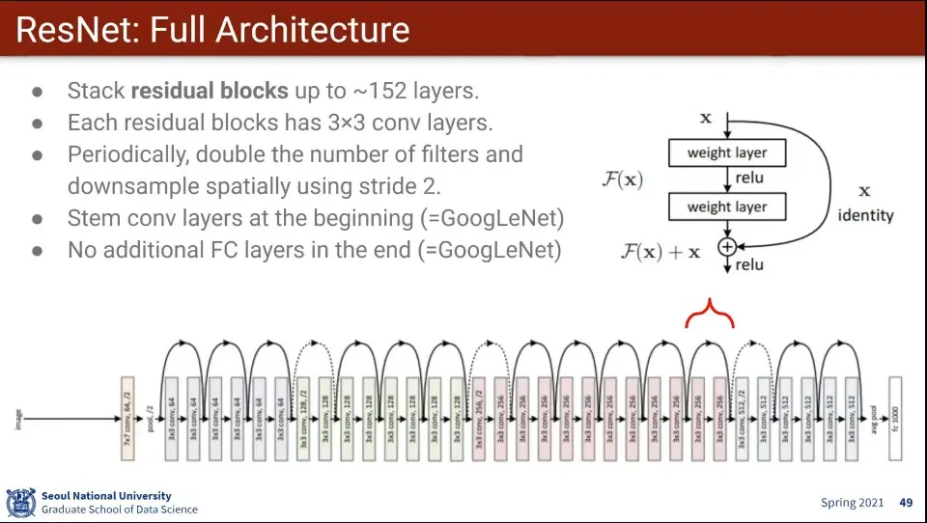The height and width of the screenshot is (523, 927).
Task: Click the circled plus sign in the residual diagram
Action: [726, 247]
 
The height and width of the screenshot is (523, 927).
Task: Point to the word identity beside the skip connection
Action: [865, 215]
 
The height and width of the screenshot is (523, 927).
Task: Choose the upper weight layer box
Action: [727, 152]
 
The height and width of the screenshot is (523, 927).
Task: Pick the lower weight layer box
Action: [727, 206]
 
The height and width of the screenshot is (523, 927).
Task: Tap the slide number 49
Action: [906, 503]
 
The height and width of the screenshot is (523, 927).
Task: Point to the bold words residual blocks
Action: [210, 92]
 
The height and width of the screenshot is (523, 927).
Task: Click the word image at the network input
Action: [18, 418]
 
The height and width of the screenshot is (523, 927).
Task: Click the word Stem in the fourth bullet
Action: [90, 218]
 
